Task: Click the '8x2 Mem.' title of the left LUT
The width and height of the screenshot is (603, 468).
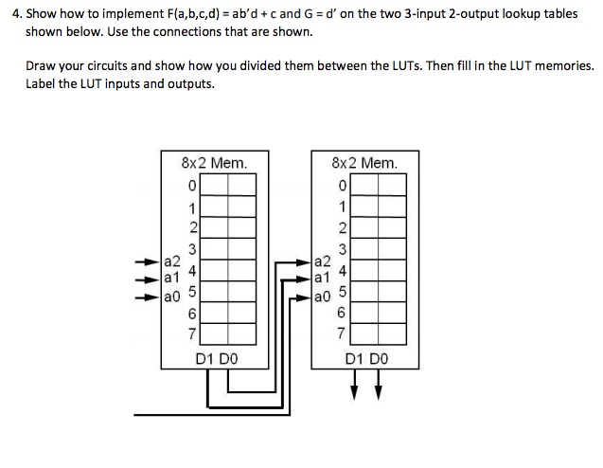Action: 214,163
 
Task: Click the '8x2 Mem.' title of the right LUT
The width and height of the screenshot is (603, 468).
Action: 364,163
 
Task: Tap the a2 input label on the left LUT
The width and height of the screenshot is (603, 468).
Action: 172,261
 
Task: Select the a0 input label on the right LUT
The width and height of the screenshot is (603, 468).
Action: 322,297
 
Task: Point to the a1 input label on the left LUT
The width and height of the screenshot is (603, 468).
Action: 171,277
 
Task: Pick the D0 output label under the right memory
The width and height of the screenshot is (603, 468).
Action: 379,359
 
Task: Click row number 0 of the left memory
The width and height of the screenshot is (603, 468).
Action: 192,186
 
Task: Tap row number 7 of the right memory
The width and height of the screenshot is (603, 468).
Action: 341,333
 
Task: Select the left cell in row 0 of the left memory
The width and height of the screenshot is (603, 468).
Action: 214,185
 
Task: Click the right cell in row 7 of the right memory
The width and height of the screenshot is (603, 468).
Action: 392,333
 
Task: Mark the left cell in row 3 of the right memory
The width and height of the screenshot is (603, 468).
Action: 364,248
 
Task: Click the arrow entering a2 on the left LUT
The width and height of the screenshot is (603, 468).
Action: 147,262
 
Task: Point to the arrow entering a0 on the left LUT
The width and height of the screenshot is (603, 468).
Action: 147,297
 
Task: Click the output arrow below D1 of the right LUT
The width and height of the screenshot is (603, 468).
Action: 354,385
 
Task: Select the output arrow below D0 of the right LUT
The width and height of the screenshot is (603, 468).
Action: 379,385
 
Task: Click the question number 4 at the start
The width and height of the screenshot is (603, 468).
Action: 17,14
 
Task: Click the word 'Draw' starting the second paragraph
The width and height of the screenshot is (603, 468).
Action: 38,65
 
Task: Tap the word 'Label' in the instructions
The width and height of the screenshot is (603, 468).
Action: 41,83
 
